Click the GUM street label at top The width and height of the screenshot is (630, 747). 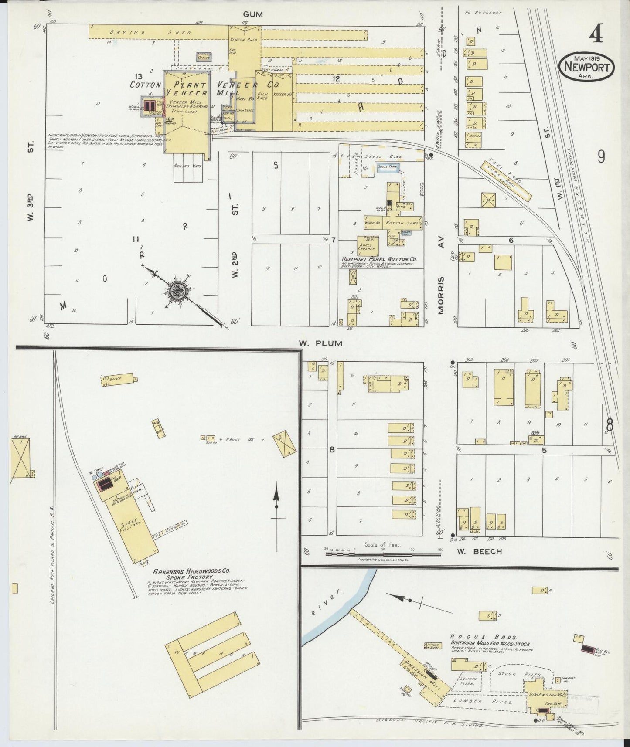(253, 14)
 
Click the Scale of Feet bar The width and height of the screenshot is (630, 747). (383, 554)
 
